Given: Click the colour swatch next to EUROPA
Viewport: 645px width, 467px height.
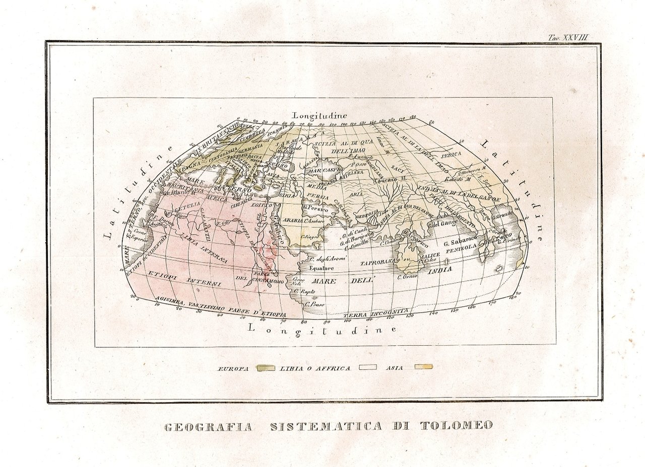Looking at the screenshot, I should tap(266, 368).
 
